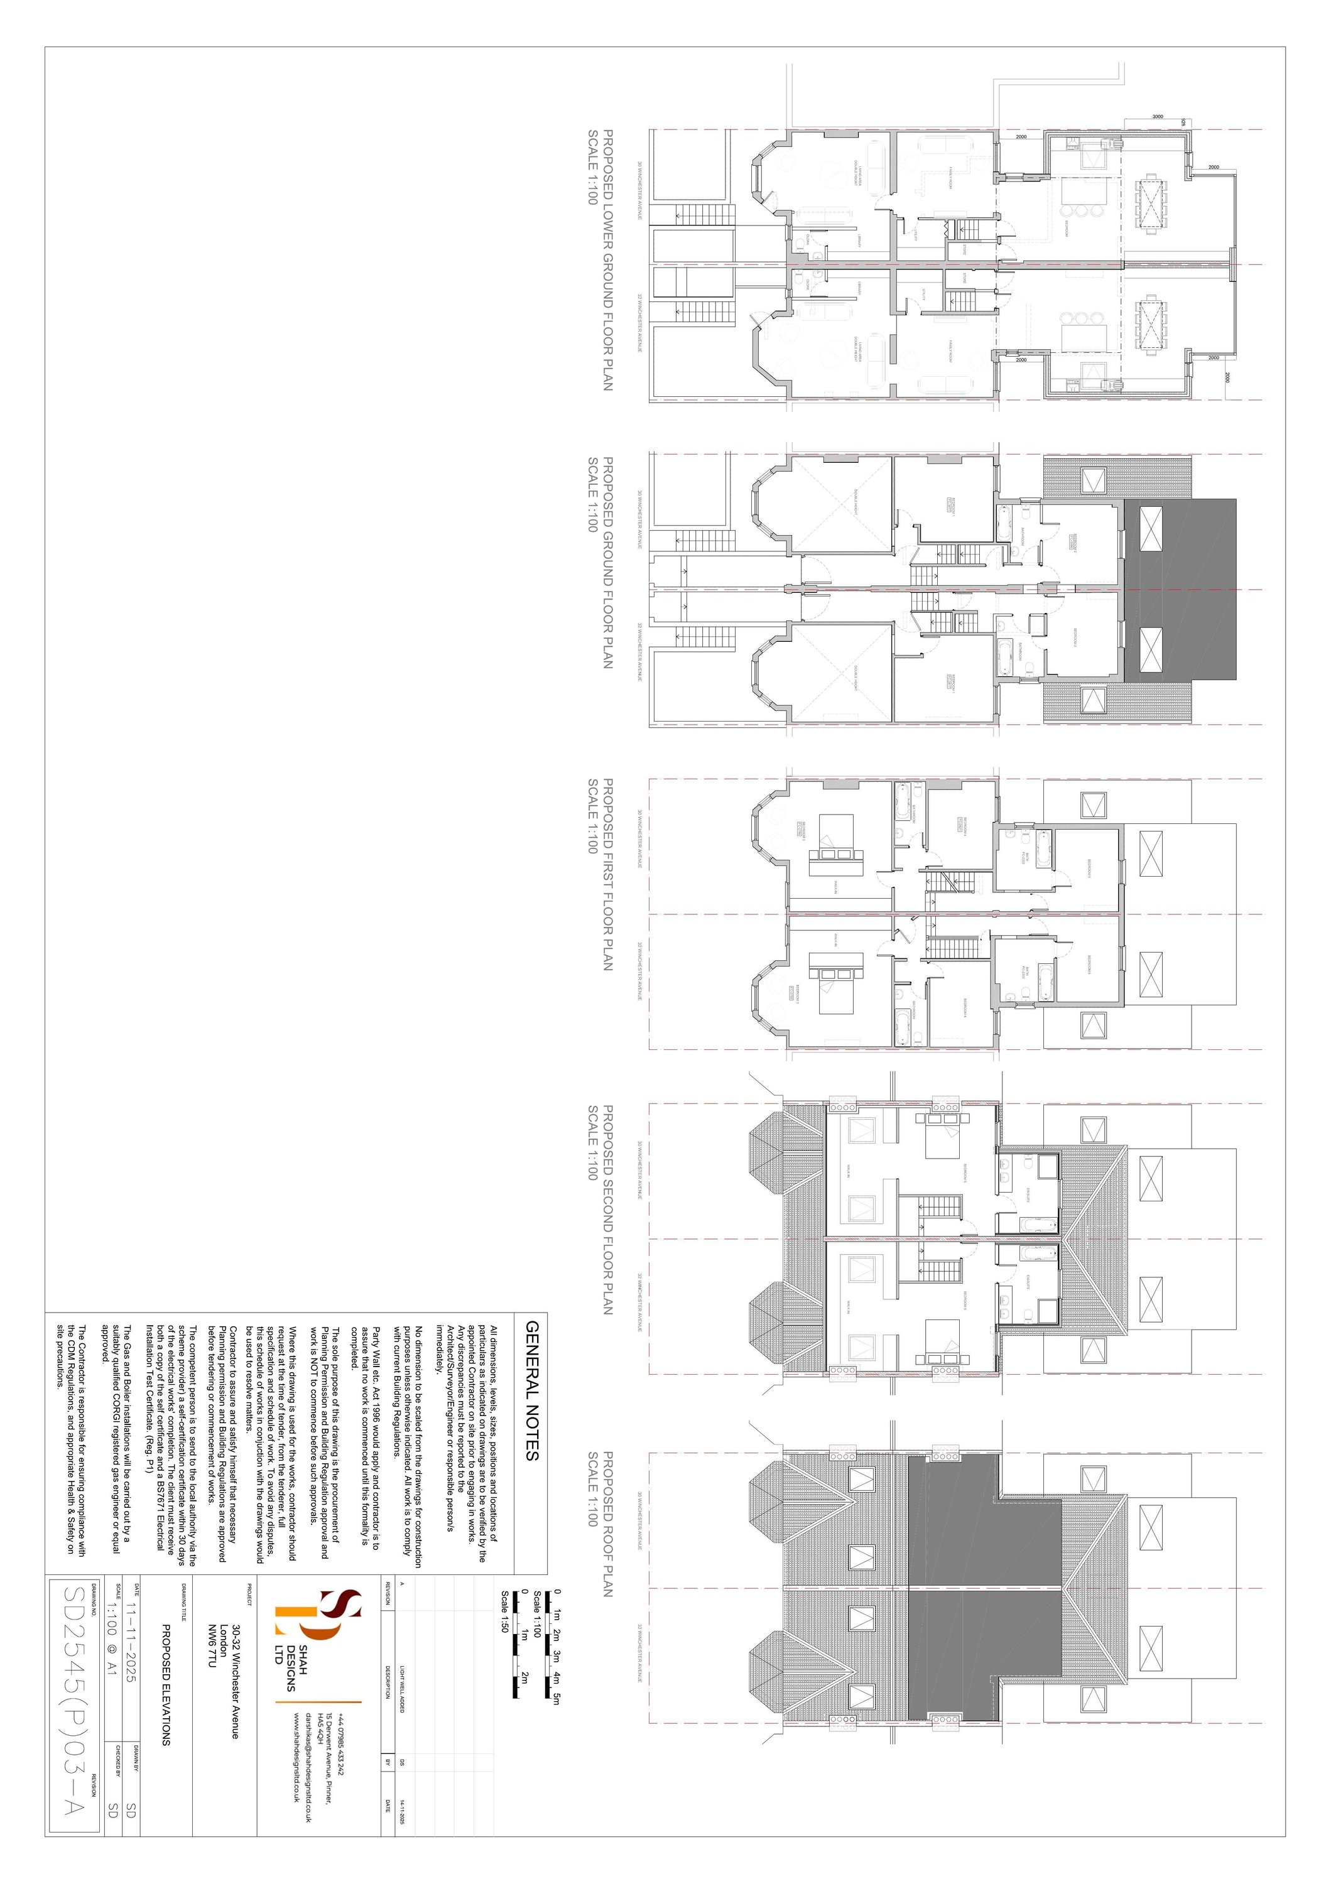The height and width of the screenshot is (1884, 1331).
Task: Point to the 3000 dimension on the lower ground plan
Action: pyautogui.click(x=1157, y=117)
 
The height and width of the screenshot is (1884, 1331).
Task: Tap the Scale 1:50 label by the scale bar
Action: pyautogui.click(x=504, y=1613)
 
